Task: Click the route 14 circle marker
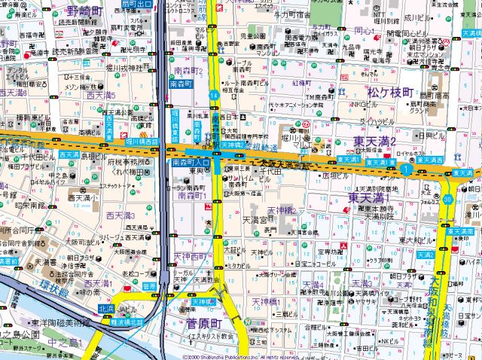(x=215, y=95)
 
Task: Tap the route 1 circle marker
(x=406, y=170)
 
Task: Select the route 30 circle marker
(x=448, y=200)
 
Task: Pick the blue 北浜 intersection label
(x=107, y=308)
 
